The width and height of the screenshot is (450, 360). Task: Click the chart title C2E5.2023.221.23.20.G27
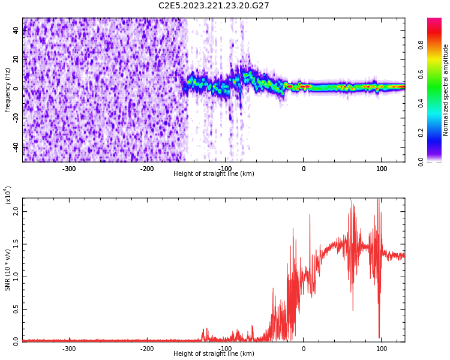[x=214, y=6]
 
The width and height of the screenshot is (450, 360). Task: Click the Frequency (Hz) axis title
[x=8, y=90]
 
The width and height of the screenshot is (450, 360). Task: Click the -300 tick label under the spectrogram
[x=69, y=169]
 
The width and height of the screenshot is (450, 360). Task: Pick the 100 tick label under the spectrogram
[x=382, y=169]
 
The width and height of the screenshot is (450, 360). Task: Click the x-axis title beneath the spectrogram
[x=214, y=174]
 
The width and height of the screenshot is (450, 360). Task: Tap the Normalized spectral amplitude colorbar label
[x=446, y=90]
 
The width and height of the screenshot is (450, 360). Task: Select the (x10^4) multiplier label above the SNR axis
[x=8, y=195]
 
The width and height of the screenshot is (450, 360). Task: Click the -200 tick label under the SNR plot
[x=147, y=349]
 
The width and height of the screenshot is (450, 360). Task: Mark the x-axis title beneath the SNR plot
[x=214, y=354]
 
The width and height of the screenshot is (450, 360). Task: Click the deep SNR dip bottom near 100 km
[x=379, y=337]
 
